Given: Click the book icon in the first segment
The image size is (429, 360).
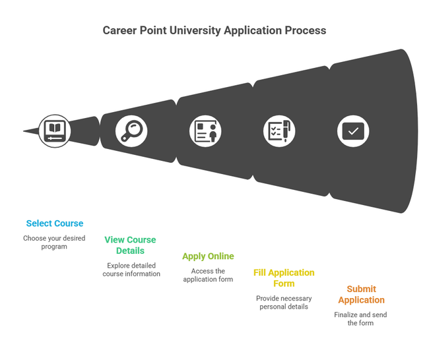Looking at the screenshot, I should [54, 131].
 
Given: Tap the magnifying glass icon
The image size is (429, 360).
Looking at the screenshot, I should [131, 131].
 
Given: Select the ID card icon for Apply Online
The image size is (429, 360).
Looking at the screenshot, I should [205, 131].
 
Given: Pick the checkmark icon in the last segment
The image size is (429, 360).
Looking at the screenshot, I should [353, 131].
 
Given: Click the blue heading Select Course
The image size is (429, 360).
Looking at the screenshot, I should [55, 224].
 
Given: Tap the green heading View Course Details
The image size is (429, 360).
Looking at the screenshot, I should [130, 245].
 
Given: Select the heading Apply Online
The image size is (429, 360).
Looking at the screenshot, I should [208, 256].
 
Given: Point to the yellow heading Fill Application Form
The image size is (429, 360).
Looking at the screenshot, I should [284, 278].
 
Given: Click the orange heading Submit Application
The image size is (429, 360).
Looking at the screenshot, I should [361, 295].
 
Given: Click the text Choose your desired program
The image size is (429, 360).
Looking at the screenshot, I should [54, 242].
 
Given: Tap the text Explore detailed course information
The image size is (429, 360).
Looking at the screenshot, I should [131, 270].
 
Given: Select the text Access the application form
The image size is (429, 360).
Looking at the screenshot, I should [208, 275].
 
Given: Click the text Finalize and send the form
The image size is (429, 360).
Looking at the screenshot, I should [360, 318].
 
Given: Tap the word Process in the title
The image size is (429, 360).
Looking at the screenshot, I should [305, 31].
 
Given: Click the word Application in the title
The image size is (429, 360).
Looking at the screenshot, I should [253, 31].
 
